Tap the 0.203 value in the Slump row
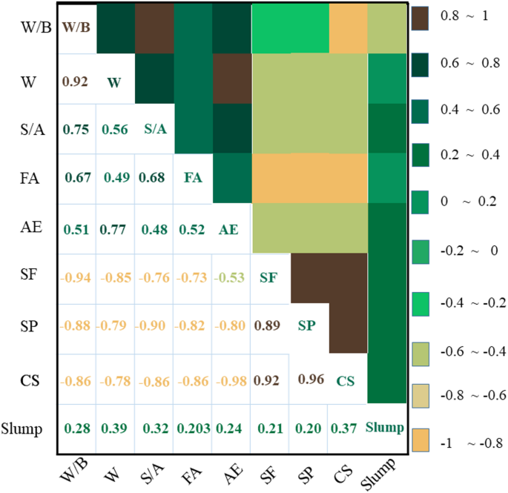192,429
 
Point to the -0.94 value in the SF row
77,277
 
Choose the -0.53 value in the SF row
230,277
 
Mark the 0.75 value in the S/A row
77,128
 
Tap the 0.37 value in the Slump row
345,429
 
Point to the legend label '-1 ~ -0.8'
466,444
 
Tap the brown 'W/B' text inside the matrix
77,28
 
